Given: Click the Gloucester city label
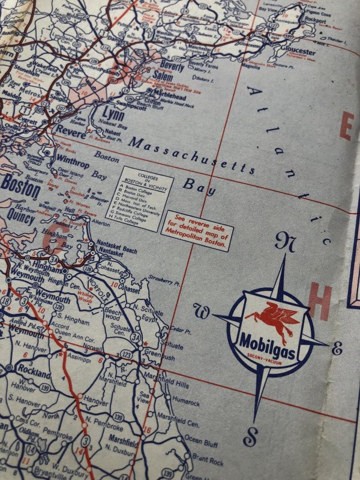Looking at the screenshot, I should (x=298, y=52).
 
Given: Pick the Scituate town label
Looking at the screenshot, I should (x=172, y=346).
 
